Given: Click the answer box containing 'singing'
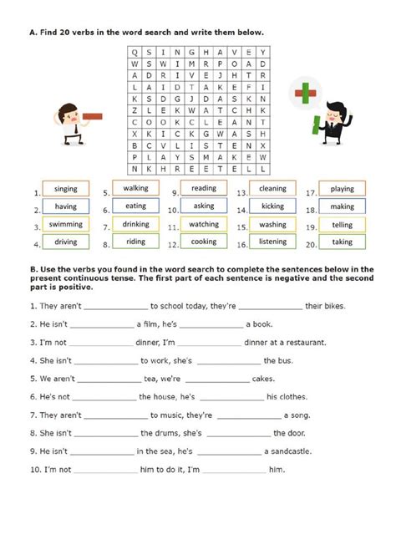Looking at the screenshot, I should pos(65,189).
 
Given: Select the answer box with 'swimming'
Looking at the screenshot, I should pos(65,224).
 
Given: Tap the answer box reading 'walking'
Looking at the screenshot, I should pos(135,188).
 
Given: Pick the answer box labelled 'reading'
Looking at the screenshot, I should pos(203,188).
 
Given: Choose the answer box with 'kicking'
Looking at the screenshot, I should pos(272,206).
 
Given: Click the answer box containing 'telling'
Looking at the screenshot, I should pos(343,225).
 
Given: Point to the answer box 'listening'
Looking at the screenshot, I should pos(272,242).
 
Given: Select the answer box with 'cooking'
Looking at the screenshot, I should pos(203,242).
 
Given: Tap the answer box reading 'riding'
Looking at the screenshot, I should pos(135,242).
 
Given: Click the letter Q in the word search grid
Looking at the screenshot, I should pos(135,51).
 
